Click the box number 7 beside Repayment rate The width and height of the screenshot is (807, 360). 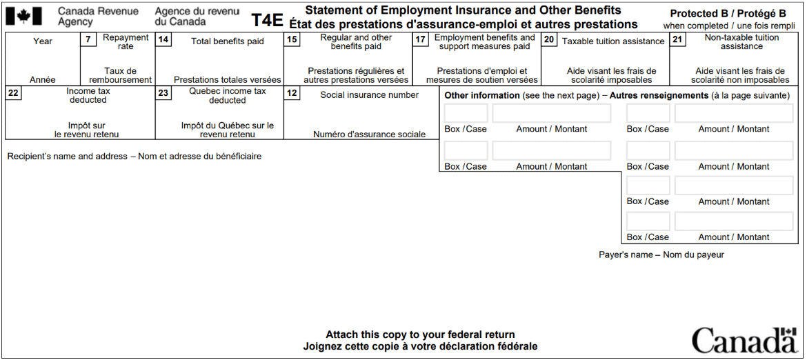pos(88,40)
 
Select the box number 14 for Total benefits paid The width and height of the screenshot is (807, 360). pos(163,40)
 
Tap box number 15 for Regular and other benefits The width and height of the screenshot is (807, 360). pos(292,40)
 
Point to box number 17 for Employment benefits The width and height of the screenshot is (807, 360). pos(420,40)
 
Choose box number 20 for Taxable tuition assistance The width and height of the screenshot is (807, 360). pos(549,40)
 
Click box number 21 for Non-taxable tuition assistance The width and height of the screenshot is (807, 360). pos(678,40)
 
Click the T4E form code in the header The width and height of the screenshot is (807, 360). pos(267,20)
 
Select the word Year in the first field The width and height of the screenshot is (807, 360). pos(43,41)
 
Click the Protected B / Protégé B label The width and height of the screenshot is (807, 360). pos(728,14)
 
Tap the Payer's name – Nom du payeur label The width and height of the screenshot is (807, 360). pos(661,255)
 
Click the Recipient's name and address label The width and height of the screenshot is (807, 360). pos(134,157)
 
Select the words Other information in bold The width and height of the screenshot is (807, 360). pos(481,95)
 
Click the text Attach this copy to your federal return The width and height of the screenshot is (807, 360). pos(420,334)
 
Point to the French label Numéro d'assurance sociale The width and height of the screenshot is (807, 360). pos(369,134)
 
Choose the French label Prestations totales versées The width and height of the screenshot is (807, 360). pos(227,80)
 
